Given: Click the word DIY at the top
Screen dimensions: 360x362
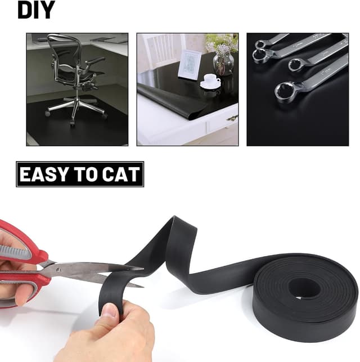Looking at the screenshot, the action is [x=36, y=10].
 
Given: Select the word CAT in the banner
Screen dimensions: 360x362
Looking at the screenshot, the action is [x=121, y=174].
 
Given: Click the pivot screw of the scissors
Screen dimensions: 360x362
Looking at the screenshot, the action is [x=57, y=270].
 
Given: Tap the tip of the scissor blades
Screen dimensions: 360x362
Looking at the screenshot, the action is [x=143, y=269].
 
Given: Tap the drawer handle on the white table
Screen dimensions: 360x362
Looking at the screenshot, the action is [x=232, y=118].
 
